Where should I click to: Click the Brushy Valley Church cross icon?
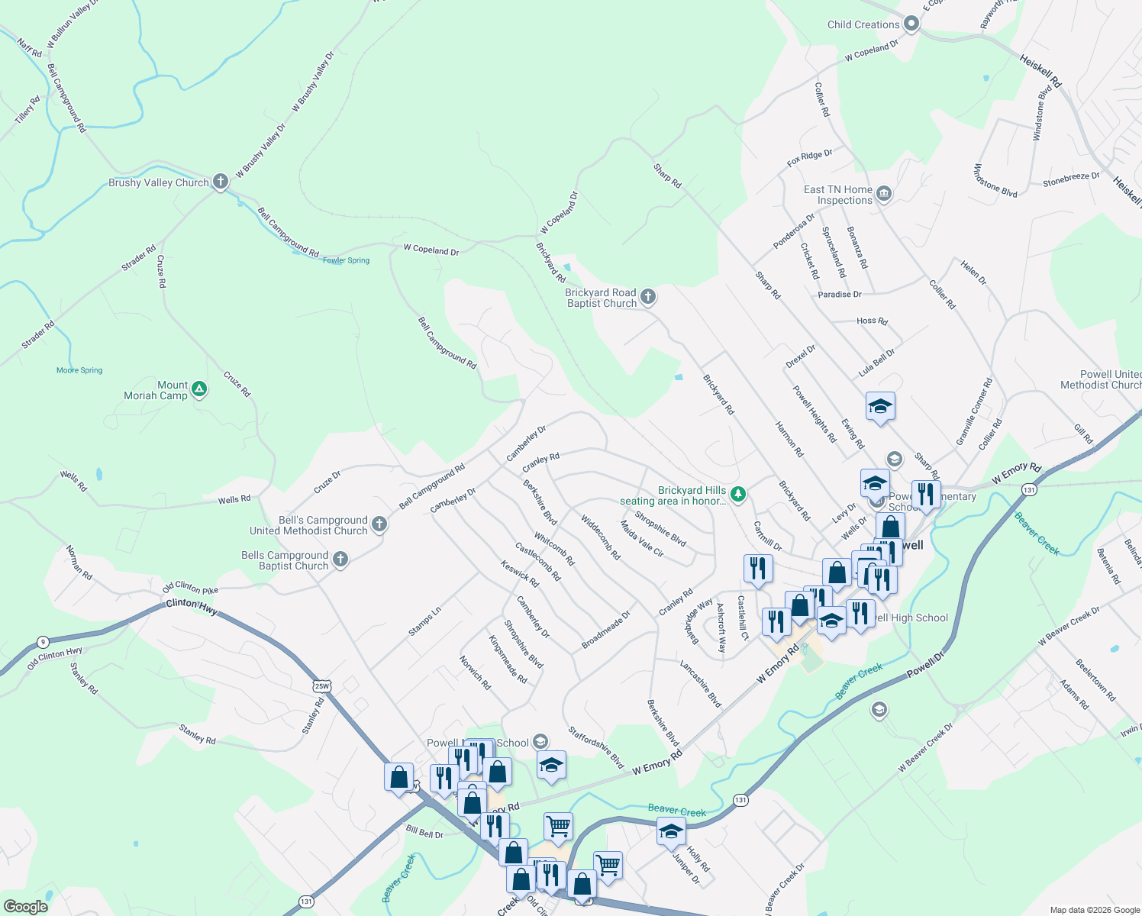221,182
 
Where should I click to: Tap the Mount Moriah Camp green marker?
199,389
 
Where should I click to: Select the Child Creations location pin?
911,24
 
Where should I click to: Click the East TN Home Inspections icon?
884,194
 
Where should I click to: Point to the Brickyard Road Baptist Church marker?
647,297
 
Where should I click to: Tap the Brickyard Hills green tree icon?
737,494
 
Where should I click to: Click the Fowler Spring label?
346,260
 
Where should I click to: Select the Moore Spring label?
79,370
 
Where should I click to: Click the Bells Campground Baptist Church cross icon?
340,560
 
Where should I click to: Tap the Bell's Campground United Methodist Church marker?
379,524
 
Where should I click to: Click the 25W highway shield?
321,686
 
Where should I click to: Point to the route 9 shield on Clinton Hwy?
44,642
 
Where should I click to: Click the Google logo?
25,907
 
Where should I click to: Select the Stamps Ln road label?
424,621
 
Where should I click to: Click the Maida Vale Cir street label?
641,539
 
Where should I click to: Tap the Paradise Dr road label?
839,294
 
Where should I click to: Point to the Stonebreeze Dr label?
1071,179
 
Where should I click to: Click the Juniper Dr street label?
686,869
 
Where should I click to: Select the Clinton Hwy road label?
192,606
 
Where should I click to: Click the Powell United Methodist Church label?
1100,379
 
